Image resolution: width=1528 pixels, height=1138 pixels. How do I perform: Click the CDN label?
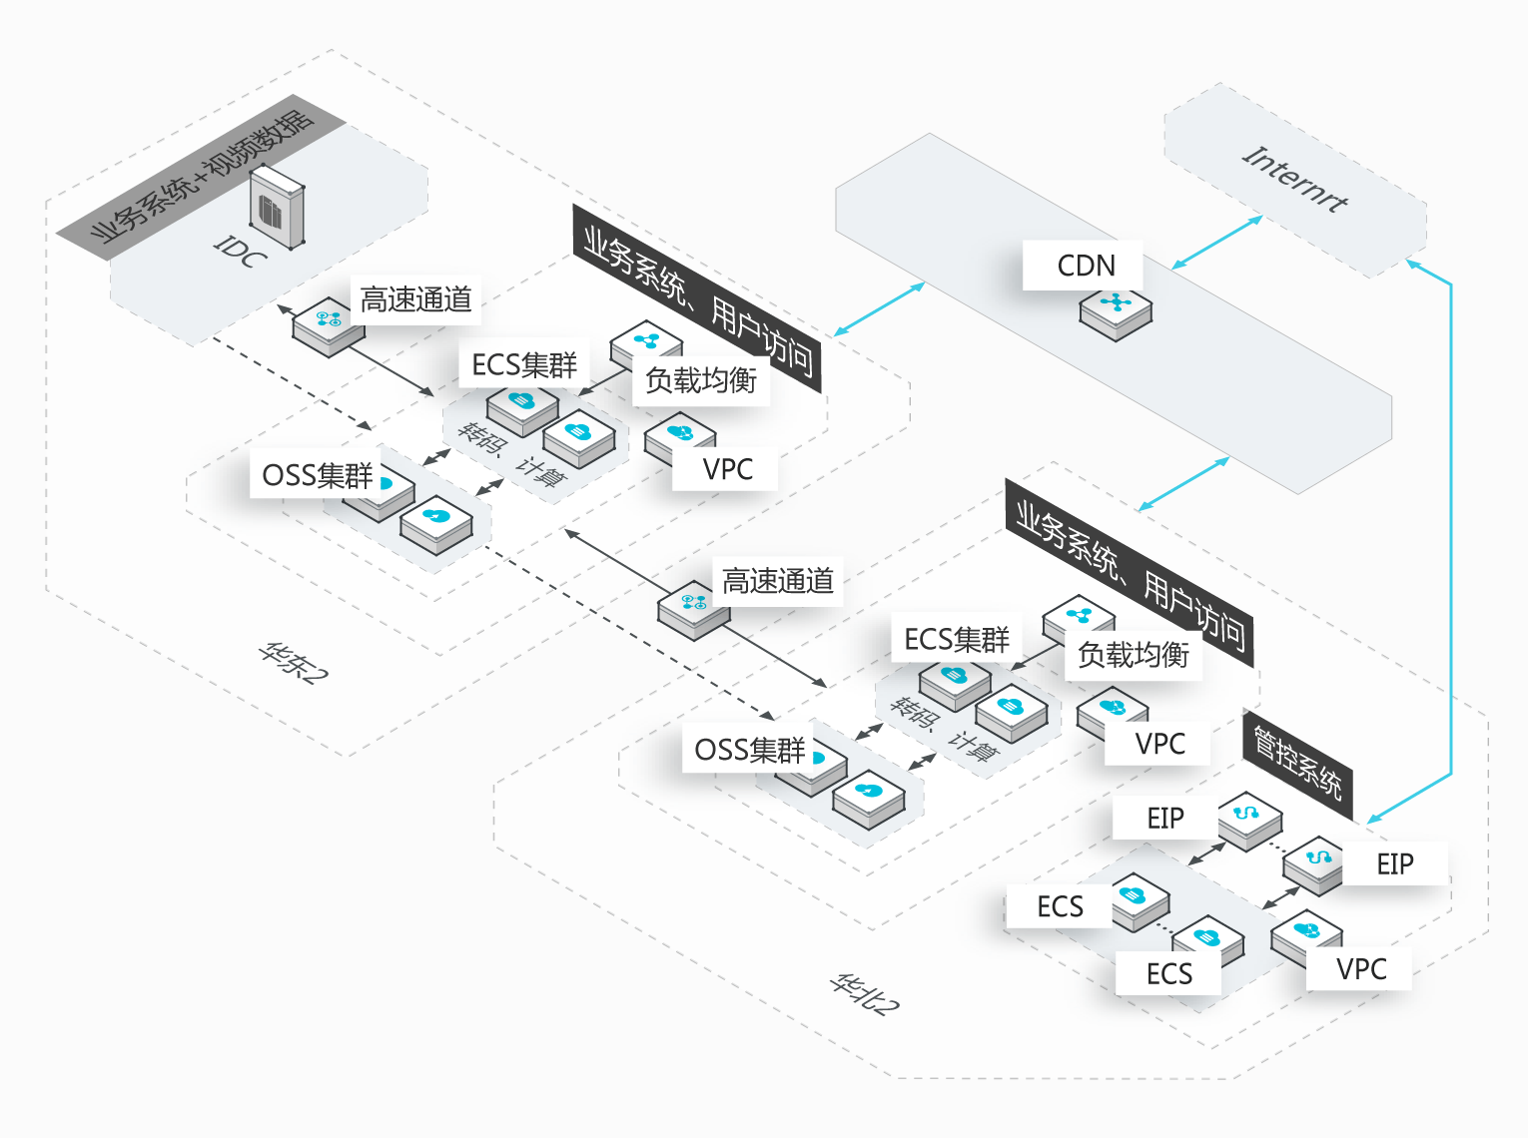(1085, 266)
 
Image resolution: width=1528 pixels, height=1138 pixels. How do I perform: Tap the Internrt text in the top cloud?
(1294, 180)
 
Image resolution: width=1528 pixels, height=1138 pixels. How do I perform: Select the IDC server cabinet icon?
(277, 208)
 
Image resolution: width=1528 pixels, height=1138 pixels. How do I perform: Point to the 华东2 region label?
(293, 661)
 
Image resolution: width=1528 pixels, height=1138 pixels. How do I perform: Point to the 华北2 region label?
(864, 994)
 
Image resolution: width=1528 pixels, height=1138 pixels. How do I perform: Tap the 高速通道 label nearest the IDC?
(415, 299)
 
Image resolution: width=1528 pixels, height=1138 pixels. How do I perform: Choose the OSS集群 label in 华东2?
(317, 475)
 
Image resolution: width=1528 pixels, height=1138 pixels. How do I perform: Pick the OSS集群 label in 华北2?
(749, 750)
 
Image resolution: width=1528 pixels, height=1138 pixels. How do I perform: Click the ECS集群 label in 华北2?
(956, 639)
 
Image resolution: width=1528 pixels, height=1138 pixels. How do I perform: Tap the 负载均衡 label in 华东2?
(700, 380)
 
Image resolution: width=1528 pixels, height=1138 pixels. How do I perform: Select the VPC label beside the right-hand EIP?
(1360, 968)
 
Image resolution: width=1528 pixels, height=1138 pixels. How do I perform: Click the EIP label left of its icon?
(1164, 819)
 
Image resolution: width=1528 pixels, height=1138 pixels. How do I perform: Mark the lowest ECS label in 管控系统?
(1168, 973)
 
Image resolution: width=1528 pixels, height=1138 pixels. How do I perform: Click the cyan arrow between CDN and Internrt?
(1216, 243)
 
